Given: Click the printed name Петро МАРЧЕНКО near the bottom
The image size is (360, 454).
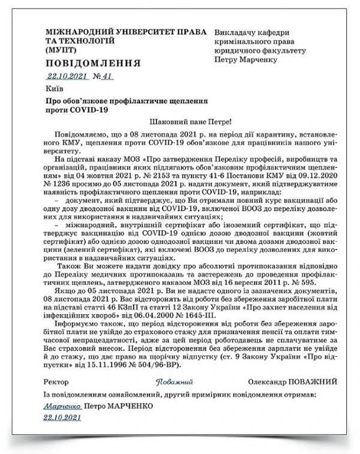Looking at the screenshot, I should coord(119,406).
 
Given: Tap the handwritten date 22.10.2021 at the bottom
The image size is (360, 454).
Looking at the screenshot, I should coord(62,417).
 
